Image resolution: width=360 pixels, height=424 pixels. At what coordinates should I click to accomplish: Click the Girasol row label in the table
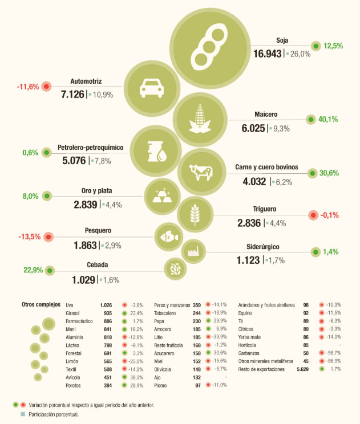point(74,313)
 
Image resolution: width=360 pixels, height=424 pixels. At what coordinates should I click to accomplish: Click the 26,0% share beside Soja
point(301,54)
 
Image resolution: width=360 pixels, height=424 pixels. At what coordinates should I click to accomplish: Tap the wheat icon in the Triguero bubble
point(192,215)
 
